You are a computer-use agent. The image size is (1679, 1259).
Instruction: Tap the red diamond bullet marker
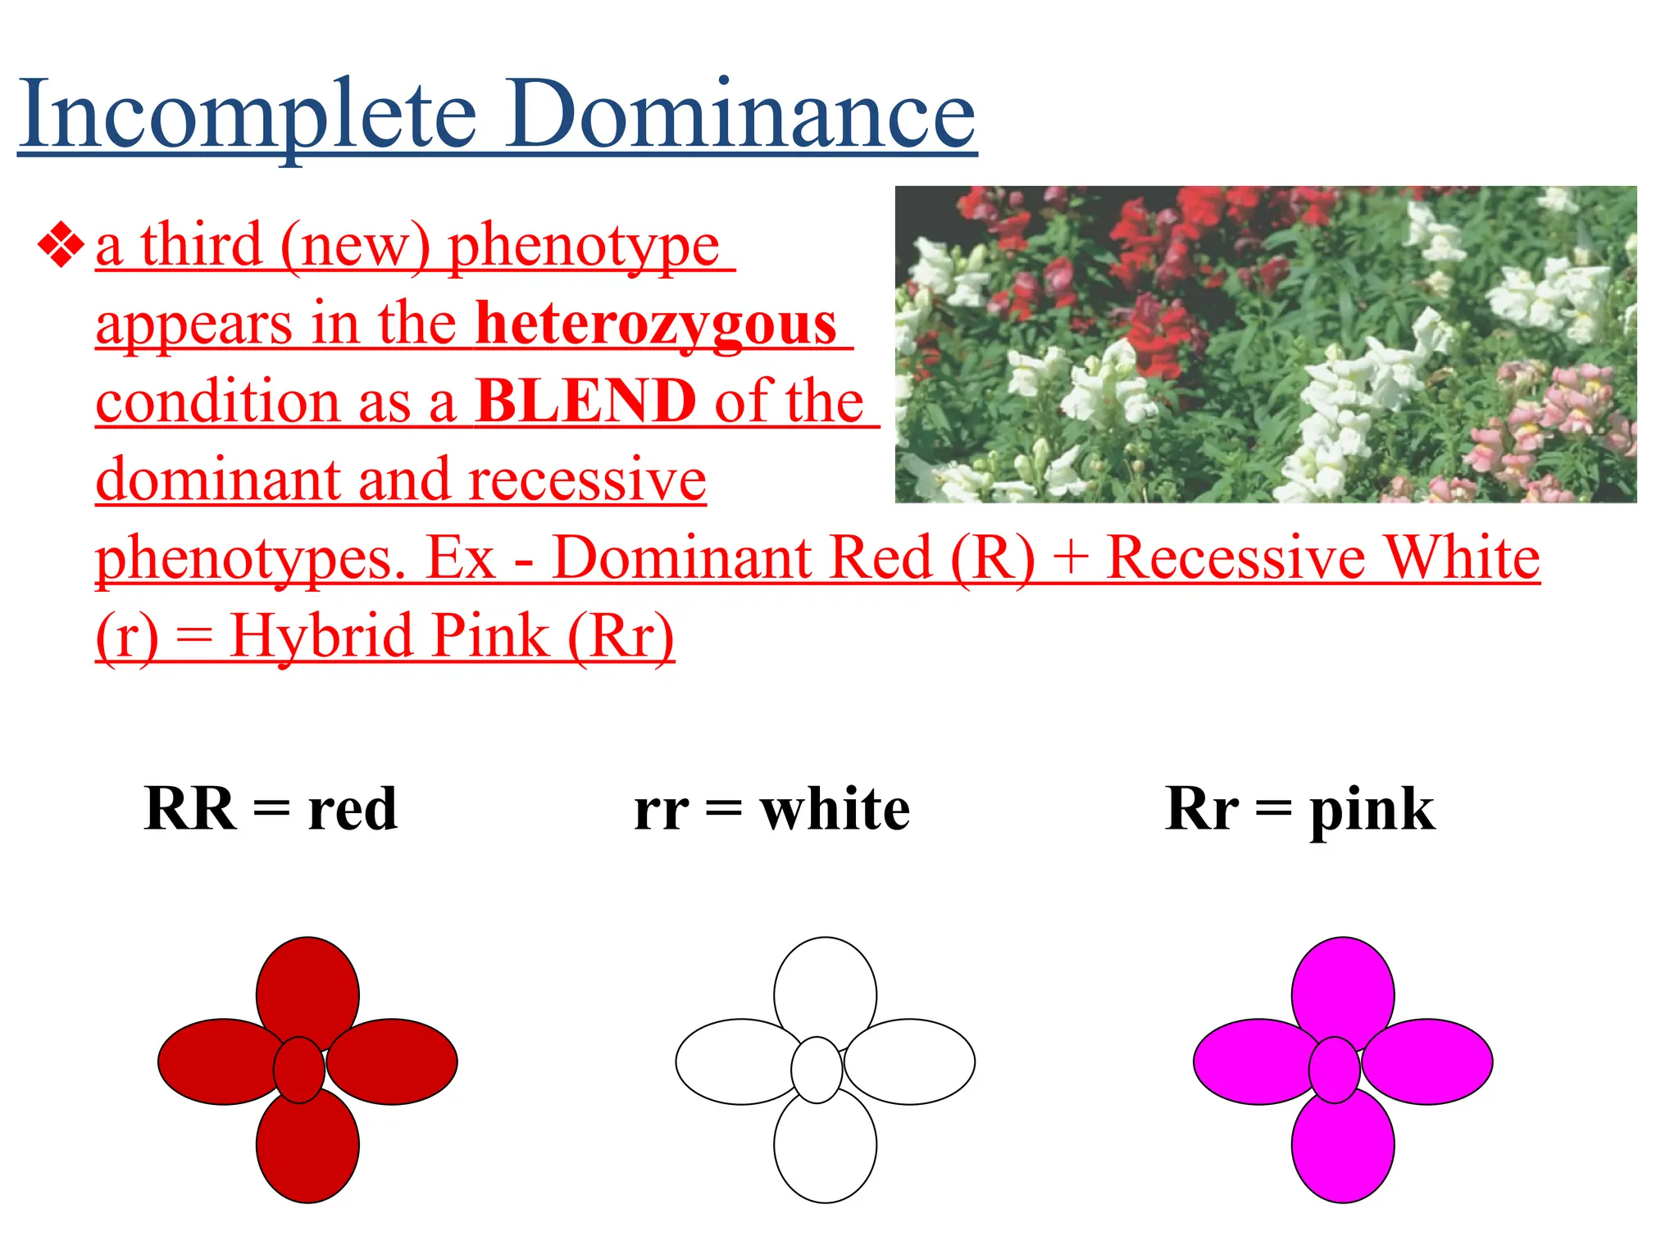61,245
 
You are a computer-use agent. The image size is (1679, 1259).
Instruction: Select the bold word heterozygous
656,324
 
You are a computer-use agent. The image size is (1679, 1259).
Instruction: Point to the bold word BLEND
585,401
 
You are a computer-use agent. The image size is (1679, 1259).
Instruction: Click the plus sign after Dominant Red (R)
1071,559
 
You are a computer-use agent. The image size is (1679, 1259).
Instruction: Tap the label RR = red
271,809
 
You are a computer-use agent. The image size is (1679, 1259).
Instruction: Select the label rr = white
771,809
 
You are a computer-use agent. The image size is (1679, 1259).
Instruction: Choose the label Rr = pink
1299,809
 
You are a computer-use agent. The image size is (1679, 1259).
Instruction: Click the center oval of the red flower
299,1070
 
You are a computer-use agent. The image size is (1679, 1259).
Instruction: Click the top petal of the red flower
307,988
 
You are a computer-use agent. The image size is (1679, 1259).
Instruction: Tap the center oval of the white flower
817,1070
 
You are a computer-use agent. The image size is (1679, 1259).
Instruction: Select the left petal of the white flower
730,1061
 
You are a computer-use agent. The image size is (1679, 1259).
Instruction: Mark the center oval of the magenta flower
1334,1070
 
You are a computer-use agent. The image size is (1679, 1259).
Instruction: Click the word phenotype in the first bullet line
584,246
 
